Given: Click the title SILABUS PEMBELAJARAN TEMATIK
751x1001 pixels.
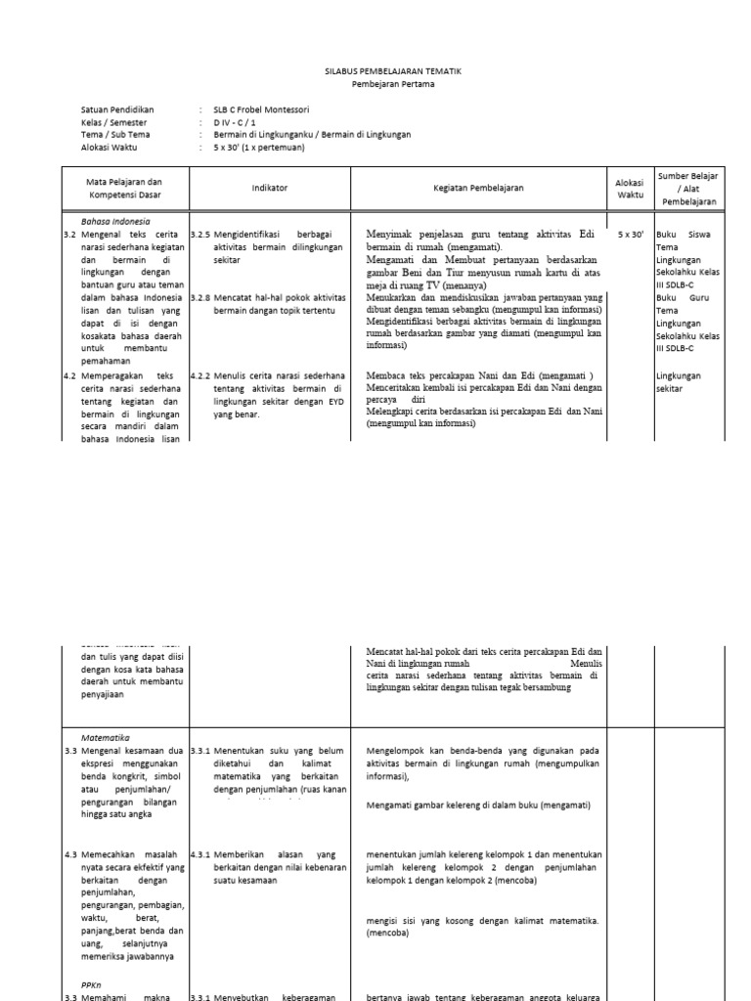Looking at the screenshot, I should point(392,72).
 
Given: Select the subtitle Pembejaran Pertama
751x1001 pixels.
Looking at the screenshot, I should point(392,85).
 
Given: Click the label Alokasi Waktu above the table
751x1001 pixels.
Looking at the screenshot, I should point(110,148).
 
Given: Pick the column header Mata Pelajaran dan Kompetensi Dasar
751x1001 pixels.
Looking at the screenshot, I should point(125,188).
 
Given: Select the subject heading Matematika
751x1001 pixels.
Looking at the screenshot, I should point(108,738).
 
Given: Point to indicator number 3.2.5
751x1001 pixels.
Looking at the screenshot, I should point(200,236).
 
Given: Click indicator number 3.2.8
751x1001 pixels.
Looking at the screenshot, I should point(200,296).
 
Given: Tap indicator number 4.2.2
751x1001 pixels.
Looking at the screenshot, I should point(200,375).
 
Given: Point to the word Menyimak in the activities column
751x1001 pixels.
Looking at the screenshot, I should point(393,235).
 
